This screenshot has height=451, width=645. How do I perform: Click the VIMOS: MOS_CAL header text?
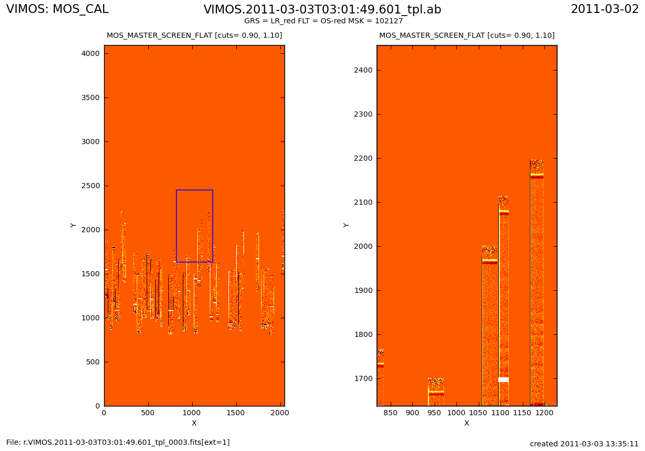click(58, 9)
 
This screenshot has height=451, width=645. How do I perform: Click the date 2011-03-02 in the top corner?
click(605, 9)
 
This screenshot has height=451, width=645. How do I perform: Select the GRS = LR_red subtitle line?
click(323, 21)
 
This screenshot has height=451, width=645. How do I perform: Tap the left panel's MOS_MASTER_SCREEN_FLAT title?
click(194, 36)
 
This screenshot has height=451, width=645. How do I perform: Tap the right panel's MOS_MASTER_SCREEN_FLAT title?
click(467, 36)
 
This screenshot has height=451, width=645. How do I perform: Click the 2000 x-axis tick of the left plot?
click(280, 413)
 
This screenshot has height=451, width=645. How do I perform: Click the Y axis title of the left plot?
click(73, 225)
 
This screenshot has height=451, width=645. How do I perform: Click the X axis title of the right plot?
click(467, 424)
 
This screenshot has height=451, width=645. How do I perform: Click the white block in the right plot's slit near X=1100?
click(504, 380)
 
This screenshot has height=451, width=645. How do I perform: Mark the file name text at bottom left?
click(118, 443)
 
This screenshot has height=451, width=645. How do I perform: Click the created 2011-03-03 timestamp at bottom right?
click(584, 444)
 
